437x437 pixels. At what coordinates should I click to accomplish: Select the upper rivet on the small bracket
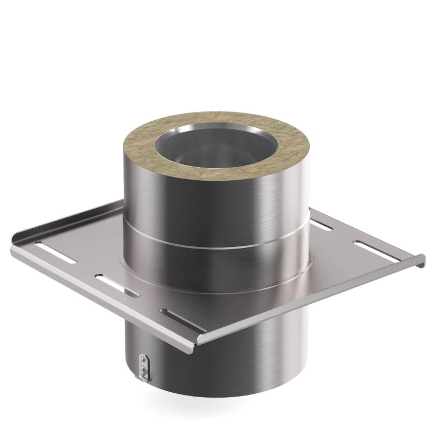[143, 360]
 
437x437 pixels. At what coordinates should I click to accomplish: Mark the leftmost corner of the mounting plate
[12, 246]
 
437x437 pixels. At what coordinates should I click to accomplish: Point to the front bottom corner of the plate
[197, 342]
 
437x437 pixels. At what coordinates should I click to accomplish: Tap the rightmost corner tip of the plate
[423, 261]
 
